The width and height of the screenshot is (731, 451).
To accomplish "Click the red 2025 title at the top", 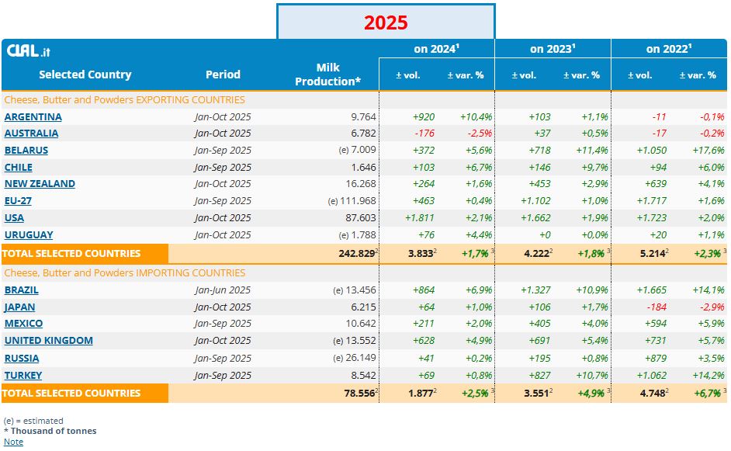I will tap(386, 23).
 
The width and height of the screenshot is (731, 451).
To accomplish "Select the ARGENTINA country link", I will tap(33, 116).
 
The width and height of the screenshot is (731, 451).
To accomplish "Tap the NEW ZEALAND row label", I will tap(40, 184).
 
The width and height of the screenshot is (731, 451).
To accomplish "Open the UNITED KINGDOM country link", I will tap(48, 340).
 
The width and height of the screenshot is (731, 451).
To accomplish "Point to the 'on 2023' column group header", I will tap(553, 49).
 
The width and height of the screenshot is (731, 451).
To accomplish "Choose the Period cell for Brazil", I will tap(223, 290).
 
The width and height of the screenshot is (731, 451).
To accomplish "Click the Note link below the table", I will tap(13, 442).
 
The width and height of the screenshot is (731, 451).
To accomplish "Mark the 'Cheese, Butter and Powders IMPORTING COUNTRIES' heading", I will tap(124, 273).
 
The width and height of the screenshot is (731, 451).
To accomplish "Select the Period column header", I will tap(223, 75).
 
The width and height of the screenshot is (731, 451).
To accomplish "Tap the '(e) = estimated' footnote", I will tap(33, 421).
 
